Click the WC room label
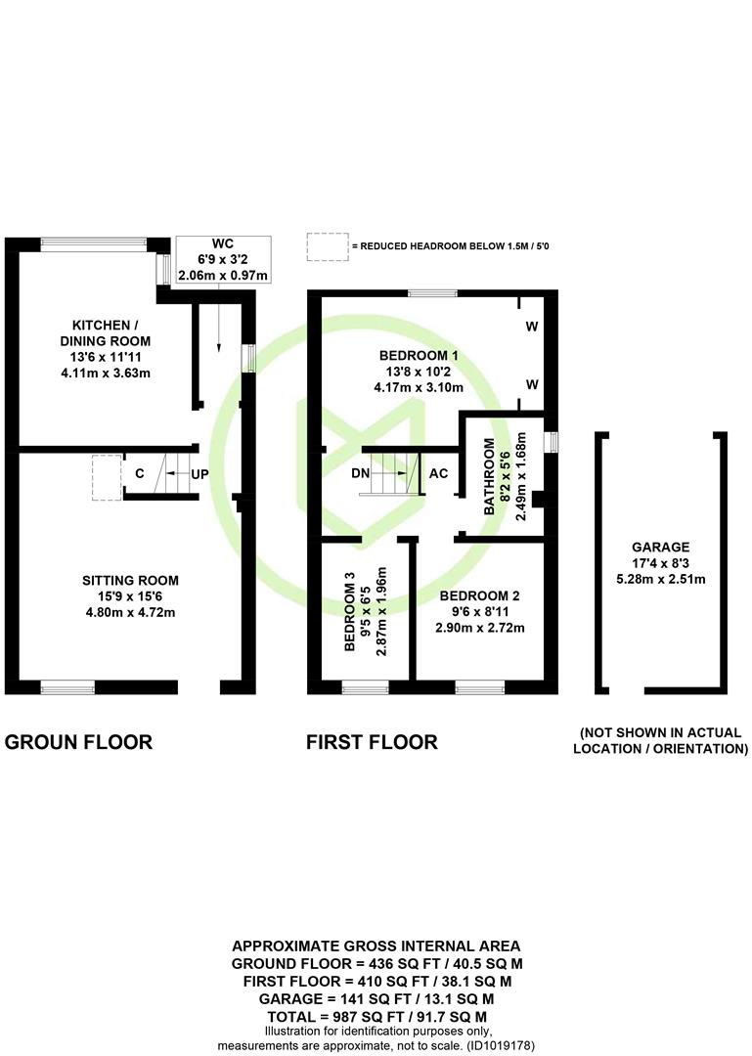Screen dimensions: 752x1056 (222, 243)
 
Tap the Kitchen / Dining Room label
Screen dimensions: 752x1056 (105, 332)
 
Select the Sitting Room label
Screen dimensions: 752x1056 (131, 581)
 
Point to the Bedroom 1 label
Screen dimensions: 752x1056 (419, 356)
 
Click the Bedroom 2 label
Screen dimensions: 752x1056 (480, 596)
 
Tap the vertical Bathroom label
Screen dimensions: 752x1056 (490, 477)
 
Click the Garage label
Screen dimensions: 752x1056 (660, 548)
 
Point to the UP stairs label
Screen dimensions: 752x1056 (199, 474)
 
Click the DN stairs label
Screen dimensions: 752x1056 (361, 473)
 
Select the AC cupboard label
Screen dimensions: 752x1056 (439, 473)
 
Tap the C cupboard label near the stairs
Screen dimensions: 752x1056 (140, 473)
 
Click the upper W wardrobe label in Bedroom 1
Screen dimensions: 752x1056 (532, 327)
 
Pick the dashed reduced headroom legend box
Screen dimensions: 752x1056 (329, 247)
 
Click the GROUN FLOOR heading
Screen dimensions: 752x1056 (79, 742)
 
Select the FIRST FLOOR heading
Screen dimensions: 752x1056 (372, 742)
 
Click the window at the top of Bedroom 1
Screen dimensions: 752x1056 (432, 293)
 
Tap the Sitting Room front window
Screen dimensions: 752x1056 (67, 687)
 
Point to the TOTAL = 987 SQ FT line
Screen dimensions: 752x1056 (377, 1017)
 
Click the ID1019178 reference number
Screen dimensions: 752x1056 (501, 1046)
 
